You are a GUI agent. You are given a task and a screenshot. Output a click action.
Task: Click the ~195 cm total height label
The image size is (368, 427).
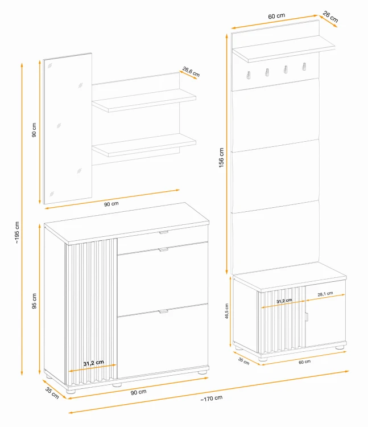17,232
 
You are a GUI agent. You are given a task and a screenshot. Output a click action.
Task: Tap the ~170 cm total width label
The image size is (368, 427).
212,398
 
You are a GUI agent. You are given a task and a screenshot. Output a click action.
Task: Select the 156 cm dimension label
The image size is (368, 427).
221,157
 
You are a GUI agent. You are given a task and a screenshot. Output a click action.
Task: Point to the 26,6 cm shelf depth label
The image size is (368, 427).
191,72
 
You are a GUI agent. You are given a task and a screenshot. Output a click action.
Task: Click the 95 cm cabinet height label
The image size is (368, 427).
34,301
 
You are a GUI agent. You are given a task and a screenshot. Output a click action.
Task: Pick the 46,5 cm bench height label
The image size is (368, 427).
227,311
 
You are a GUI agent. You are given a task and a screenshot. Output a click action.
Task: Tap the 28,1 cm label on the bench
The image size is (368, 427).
325,294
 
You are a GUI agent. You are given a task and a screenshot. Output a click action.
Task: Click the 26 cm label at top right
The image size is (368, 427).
330,17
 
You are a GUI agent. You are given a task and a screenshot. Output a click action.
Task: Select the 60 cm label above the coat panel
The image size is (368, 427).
276,16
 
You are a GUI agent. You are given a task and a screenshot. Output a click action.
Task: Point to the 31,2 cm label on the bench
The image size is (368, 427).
284,301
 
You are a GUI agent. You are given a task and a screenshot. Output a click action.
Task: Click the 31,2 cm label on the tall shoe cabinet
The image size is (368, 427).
93,363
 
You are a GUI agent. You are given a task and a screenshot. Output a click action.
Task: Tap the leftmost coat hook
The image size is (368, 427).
249,75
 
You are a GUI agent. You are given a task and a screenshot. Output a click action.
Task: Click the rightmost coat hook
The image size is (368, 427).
304,67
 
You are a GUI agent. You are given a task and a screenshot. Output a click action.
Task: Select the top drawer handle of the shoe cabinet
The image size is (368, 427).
164,232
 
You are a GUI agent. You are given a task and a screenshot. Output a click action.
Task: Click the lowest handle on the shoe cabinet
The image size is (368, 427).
164,311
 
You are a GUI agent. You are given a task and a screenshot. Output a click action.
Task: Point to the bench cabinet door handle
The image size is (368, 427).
306,317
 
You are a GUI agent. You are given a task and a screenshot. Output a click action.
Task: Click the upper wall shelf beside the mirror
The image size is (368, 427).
144,100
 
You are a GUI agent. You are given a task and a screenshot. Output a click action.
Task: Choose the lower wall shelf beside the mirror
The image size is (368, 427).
144,145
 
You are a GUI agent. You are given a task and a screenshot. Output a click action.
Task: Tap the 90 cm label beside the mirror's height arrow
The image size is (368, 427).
34,130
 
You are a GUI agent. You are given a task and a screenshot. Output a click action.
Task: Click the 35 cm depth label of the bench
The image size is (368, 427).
243,361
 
